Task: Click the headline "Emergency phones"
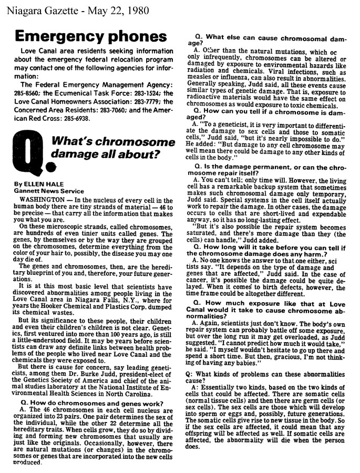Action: click(90, 37)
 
